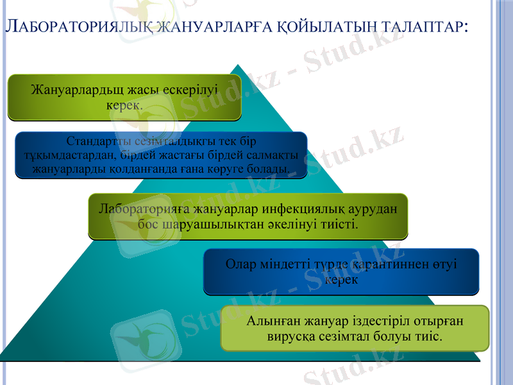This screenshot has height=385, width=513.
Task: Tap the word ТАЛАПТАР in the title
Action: tap(419, 27)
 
